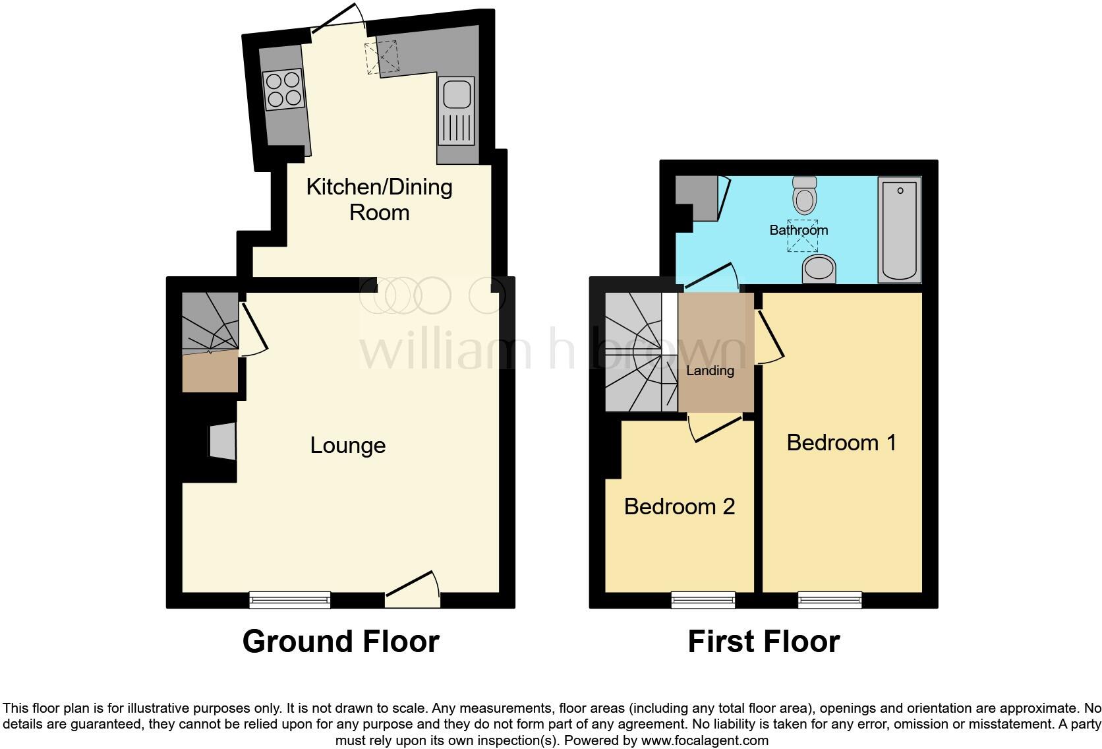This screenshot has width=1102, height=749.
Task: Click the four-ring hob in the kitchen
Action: [284, 90]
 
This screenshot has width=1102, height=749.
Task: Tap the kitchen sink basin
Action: [456, 94]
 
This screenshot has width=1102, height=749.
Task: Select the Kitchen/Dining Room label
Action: [380, 199]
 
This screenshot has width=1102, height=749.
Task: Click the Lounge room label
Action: [347, 446]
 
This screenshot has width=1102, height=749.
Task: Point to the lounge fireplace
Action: [221, 441]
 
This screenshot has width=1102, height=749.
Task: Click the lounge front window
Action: [289, 599]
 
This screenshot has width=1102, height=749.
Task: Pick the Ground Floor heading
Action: [341, 642]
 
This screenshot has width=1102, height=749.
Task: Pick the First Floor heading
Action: [763, 642]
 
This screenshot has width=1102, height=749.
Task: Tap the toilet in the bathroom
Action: [805, 193]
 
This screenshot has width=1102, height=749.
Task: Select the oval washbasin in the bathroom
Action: [819, 269]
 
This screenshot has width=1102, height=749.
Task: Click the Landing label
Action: [710, 371]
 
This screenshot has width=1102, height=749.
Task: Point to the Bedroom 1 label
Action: [841, 442]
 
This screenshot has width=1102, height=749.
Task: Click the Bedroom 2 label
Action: [679, 506]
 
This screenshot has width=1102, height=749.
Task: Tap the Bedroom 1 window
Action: [830, 599]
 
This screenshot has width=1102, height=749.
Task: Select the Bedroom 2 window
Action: [703, 599]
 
